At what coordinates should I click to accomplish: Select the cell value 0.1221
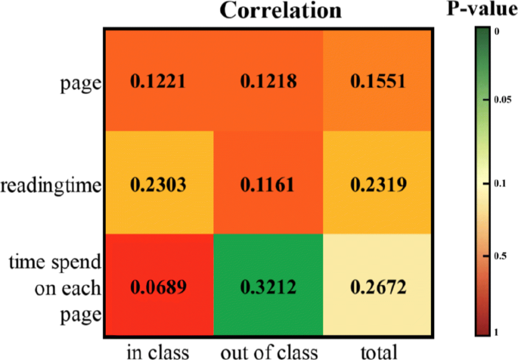tap(157, 79)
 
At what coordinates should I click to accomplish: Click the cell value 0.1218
tap(268, 79)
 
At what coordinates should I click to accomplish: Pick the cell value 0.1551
tap(379, 79)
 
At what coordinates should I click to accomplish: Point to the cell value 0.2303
tap(157, 183)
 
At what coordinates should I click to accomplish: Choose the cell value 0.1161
tap(268, 183)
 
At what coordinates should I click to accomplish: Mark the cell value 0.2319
tap(379, 183)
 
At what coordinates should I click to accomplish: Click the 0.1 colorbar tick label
tap(496, 183)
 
